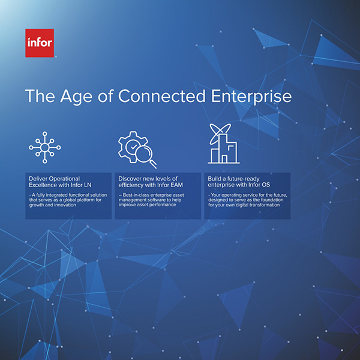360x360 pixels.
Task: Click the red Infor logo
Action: tap(40, 43)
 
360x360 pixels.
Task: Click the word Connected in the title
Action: tap(161, 96)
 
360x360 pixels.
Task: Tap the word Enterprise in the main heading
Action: tap(251, 97)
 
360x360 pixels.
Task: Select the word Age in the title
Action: tap(76, 97)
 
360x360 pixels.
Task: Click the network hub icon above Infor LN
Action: tap(45, 148)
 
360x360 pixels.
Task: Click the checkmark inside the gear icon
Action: tap(133, 146)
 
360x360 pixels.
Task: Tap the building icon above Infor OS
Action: tap(224, 144)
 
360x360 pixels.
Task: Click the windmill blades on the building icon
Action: tap(220, 134)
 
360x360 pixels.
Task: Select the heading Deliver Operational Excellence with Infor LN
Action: tap(60, 182)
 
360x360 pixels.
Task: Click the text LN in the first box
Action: tap(88, 185)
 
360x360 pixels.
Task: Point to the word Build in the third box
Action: tap(214, 179)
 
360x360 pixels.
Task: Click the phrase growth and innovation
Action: tap(53, 205)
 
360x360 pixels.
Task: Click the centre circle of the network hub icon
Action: tap(45, 148)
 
